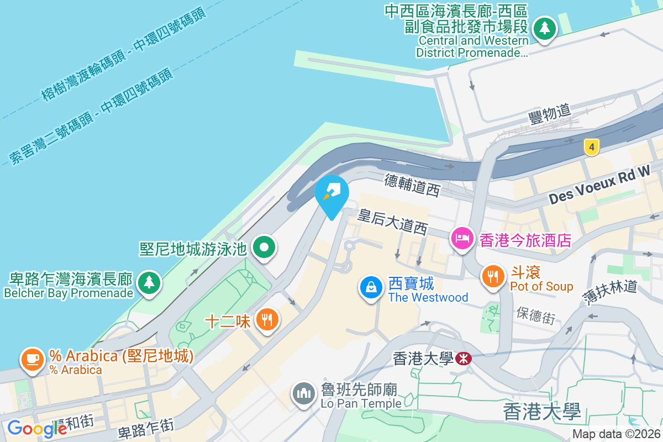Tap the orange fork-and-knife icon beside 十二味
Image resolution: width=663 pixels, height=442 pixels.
267,319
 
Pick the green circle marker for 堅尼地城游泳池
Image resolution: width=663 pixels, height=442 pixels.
265,247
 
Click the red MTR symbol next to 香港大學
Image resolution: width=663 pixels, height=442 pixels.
464,359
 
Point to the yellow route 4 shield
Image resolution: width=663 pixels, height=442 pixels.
591,147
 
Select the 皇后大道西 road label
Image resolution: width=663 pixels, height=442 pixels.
392,221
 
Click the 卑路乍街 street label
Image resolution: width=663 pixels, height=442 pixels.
146,428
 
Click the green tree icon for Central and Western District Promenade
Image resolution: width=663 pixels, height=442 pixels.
545,28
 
